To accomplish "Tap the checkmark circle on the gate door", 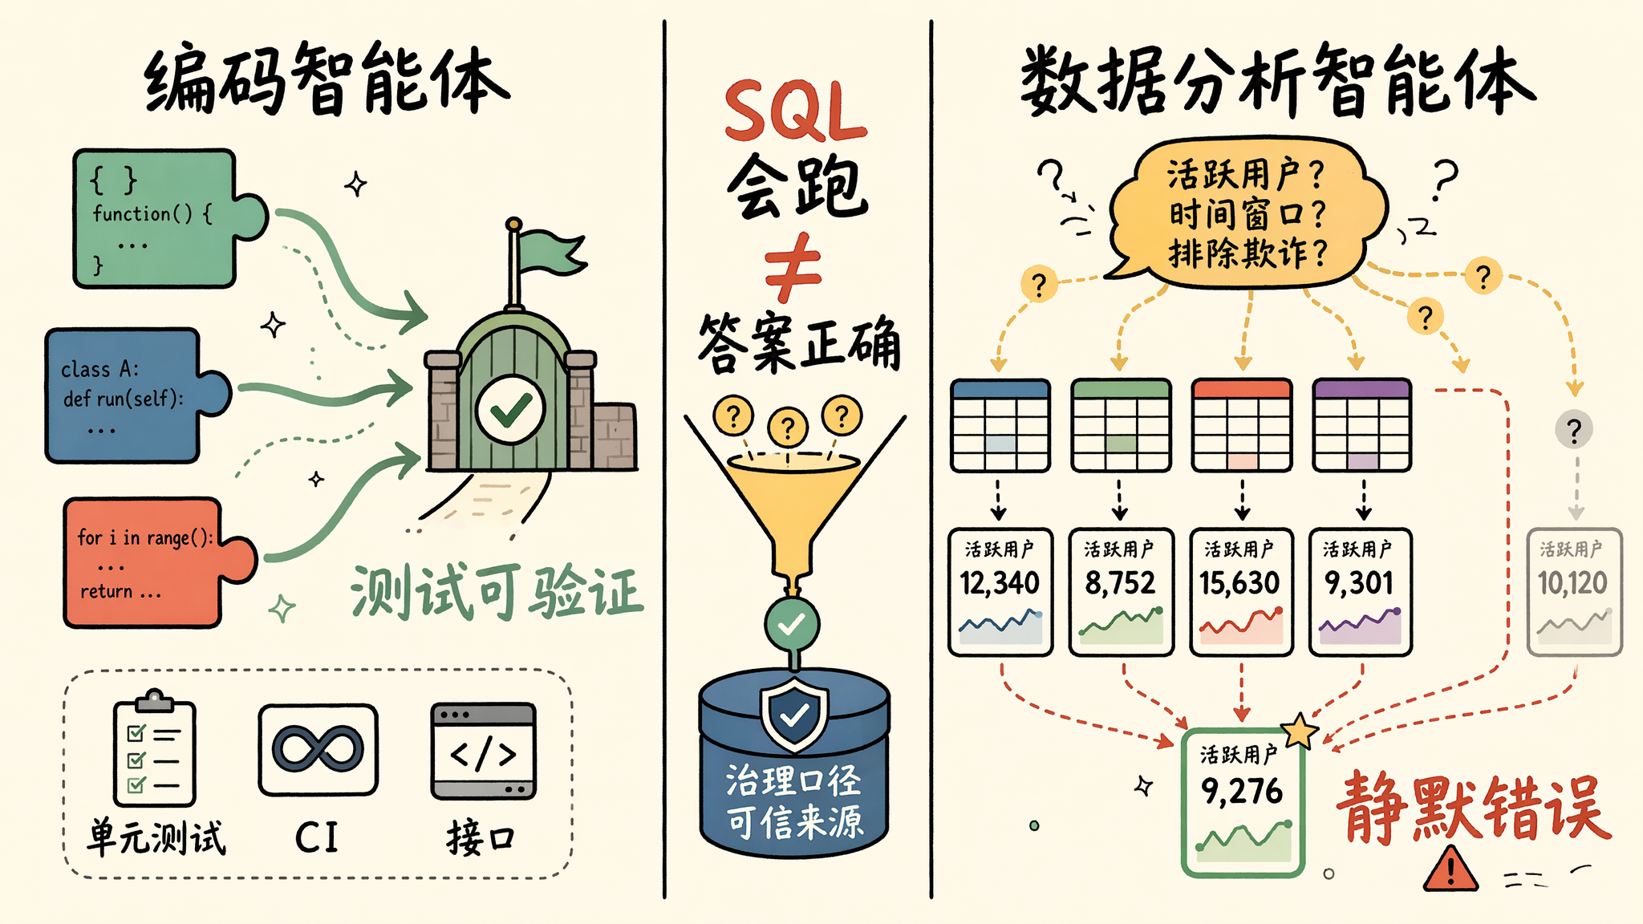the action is (510, 409).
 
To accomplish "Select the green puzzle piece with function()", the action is (168, 218).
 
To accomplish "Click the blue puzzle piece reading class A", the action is (136, 395).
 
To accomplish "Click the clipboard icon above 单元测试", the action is (154, 748).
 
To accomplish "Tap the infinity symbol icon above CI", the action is (318, 750).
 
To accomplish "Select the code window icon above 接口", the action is (483, 752).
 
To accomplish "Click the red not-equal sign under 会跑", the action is (793, 267).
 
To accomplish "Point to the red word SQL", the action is (795, 111).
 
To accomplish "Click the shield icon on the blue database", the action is (794, 714).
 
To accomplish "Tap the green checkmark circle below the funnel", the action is (792, 623).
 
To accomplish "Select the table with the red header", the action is (1242, 425).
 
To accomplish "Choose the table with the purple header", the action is (1361, 425).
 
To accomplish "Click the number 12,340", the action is (1000, 583).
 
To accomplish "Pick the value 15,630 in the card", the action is (1239, 583).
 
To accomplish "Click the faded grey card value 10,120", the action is (1572, 583).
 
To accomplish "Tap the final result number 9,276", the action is (1242, 792).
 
